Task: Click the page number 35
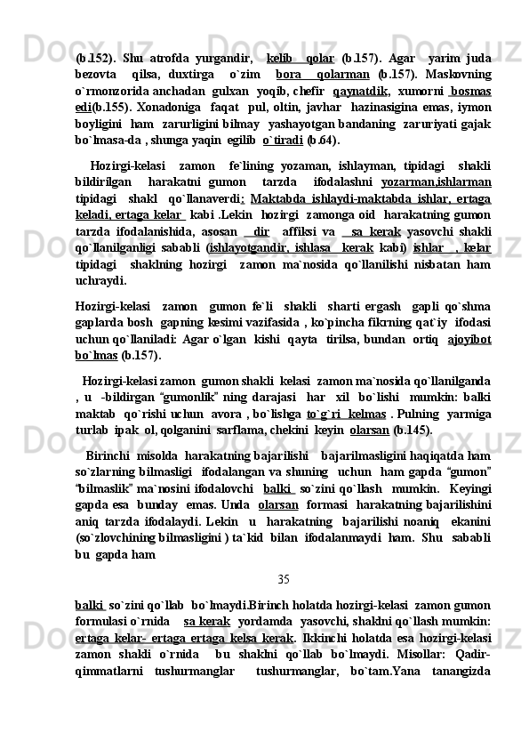[283, 581]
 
